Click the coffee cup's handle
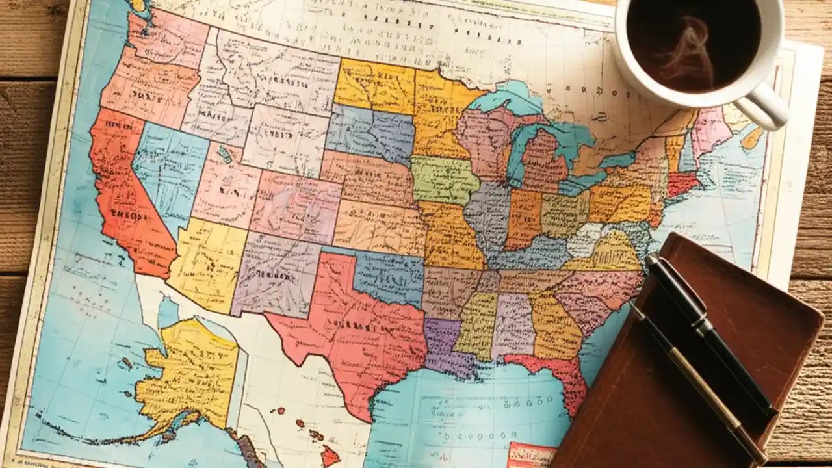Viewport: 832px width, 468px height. point(769,105)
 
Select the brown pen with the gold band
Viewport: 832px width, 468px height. point(695,383)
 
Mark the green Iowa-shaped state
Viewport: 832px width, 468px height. point(445,179)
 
